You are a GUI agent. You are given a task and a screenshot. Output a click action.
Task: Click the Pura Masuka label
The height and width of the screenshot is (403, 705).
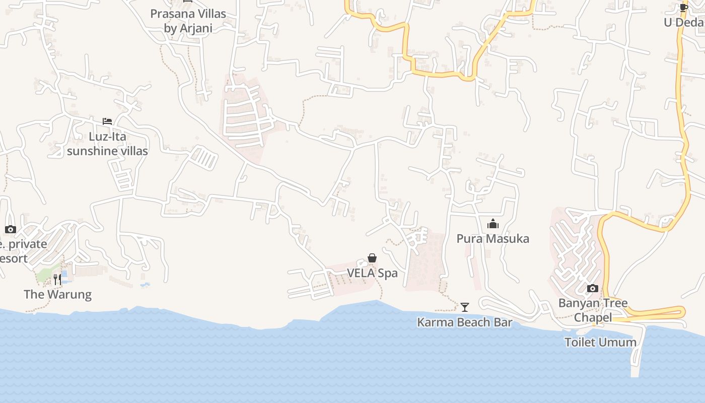[492, 238]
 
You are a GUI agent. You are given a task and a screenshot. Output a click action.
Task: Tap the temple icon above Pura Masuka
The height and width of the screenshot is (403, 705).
[492, 224]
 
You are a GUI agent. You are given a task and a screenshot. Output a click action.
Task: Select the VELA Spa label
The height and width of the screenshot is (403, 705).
[372, 273]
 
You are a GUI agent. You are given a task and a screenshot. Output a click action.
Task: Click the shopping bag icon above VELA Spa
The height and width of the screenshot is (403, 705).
[372, 258]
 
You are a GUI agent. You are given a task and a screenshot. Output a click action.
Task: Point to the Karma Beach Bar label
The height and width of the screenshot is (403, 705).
[464, 322]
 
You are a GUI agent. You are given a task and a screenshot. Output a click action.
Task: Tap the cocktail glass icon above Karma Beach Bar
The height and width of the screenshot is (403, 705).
[464, 307]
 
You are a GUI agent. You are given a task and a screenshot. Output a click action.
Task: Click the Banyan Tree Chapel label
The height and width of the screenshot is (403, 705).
[593, 310]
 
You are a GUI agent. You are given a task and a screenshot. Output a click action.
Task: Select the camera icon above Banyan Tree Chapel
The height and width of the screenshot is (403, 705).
[593, 289]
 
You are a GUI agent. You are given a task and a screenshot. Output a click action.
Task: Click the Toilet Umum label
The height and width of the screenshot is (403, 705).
[600, 342]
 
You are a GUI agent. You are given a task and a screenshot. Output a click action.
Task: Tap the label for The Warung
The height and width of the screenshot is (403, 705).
[57, 294]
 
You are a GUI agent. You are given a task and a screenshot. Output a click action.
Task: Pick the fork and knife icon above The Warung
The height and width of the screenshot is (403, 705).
[57, 279]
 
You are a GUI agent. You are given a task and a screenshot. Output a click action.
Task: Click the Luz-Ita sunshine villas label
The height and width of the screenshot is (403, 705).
[107, 144]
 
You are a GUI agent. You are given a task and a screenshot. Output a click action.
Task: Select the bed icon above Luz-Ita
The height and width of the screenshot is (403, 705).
[107, 121]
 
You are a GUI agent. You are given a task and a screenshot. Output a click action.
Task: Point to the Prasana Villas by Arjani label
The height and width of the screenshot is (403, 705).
[188, 21]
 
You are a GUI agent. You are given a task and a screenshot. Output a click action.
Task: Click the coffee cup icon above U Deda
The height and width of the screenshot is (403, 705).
[683, 8]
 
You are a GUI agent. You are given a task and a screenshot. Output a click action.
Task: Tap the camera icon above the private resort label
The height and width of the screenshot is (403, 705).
[10, 230]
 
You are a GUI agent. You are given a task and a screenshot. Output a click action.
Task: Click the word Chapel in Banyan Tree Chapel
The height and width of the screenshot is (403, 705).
[593, 317]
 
